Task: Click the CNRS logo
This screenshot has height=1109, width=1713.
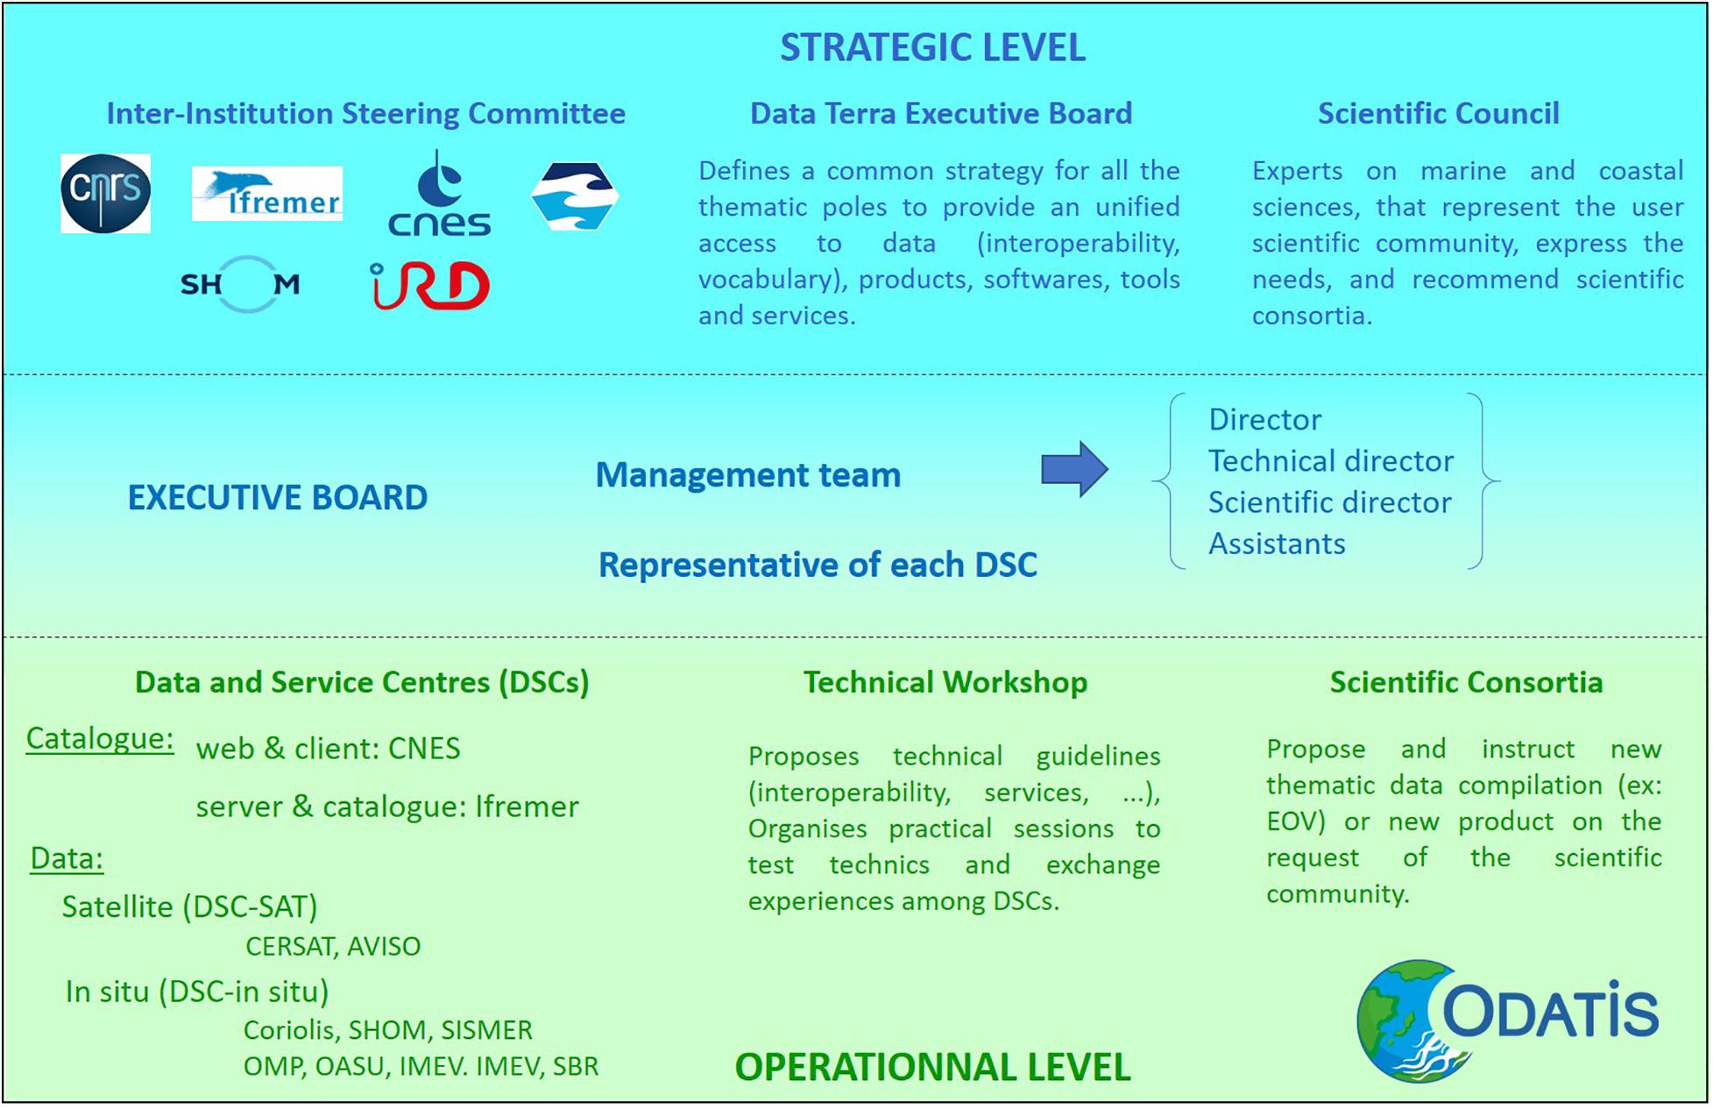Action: (x=105, y=193)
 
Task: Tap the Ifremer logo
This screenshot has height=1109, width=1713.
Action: (x=267, y=194)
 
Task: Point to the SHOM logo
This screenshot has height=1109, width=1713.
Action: (x=240, y=284)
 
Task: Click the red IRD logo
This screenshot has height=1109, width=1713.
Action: (x=429, y=286)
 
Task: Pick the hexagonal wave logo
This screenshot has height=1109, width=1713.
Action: (x=575, y=196)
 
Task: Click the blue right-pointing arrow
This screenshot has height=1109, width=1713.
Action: (x=1075, y=470)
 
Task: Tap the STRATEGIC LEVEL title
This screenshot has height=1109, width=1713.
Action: (x=933, y=47)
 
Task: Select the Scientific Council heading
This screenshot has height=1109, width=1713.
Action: (x=1439, y=113)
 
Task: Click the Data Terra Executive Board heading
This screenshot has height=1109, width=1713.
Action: (x=941, y=113)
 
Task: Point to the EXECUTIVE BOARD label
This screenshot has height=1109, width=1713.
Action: (x=278, y=497)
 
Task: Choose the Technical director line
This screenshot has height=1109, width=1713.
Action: (x=1331, y=460)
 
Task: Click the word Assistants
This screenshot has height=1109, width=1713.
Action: (x=1277, y=544)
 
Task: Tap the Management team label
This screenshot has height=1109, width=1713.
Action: (x=748, y=474)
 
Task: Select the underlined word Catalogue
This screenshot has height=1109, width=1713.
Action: (x=100, y=739)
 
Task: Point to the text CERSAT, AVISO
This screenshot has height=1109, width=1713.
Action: (x=333, y=946)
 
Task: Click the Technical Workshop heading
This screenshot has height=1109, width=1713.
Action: (x=945, y=682)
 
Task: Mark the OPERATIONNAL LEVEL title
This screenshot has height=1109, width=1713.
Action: (x=933, y=1067)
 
